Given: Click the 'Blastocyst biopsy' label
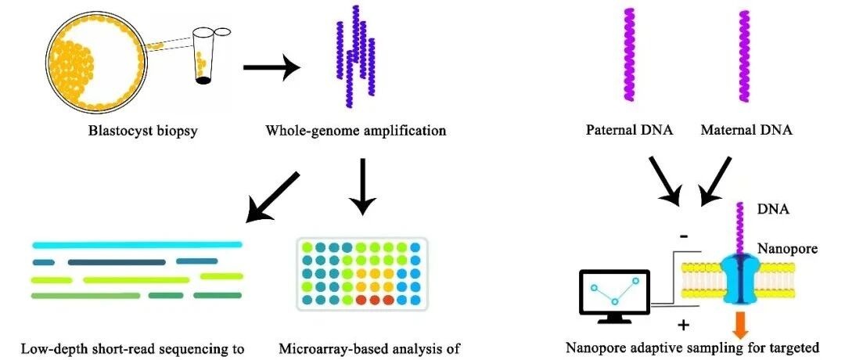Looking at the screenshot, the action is (143, 131).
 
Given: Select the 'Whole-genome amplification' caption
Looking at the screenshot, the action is (356, 131).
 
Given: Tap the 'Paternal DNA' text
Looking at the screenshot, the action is (629, 131).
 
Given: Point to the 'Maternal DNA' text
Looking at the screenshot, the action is (747, 131).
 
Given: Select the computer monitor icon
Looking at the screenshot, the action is (614, 296).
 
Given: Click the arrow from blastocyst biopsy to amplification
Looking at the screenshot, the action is (272, 67).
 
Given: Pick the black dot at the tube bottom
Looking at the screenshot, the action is (203, 81).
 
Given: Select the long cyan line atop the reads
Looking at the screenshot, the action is (137, 245).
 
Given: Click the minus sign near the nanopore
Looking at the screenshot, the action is (681, 235).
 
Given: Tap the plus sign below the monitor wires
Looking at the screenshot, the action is (681, 326).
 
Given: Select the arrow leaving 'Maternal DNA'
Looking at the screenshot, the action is (715, 182).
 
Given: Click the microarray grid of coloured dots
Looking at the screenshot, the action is (362, 274).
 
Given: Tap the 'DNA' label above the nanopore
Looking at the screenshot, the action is (773, 210).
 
